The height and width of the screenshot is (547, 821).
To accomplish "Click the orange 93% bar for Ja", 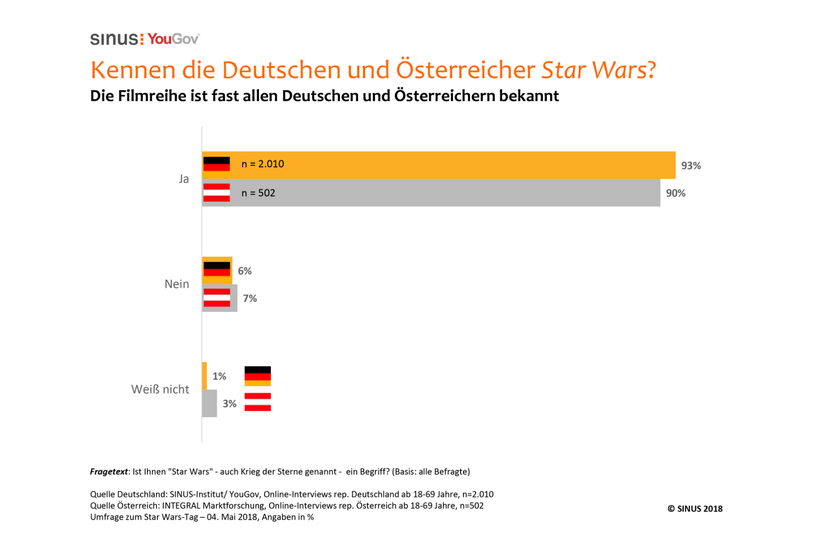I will click(x=456, y=165).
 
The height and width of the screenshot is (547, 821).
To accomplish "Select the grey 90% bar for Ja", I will click(x=456, y=193).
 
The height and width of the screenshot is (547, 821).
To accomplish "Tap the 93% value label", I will click(x=691, y=165).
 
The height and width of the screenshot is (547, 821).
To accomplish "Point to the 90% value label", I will click(x=676, y=193).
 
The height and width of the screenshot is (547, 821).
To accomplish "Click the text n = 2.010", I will click(x=263, y=164).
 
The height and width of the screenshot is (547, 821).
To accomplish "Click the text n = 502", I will click(x=258, y=193).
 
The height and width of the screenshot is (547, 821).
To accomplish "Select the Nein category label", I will click(x=177, y=284).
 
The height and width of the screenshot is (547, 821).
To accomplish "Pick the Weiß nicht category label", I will click(x=160, y=389).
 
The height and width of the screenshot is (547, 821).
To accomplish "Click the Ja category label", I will click(x=184, y=179).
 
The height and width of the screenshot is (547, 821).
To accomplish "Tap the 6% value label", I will click(x=244, y=271).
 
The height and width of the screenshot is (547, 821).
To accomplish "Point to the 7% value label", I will click(x=249, y=299).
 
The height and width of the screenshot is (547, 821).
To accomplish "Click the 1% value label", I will click(x=219, y=376).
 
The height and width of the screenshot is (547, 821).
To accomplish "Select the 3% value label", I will click(x=229, y=404).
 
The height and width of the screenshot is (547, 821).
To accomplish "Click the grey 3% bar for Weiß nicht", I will click(x=209, y=403).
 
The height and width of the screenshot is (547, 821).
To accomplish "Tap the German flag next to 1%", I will click(x=258, y=376).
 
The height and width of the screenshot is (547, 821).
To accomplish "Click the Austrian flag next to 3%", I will click(x=258, y=402).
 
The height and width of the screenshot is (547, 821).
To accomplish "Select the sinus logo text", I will click(x=114, y=39).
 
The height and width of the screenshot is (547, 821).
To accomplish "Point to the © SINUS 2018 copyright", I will click(x=695, y=509).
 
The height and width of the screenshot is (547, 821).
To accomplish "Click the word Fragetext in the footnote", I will click(x=109, y=472).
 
